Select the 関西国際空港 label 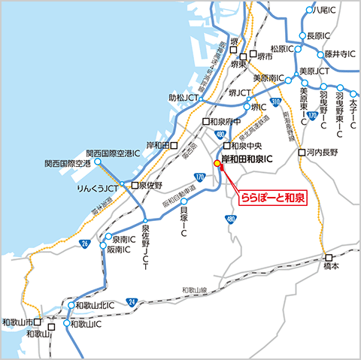click(67, 163)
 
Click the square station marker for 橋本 click(328, 256)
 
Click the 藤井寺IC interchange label click(338, 54)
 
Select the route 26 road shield click(85, 244)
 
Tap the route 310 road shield click(275, 101)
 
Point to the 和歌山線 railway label click(194, 289)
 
